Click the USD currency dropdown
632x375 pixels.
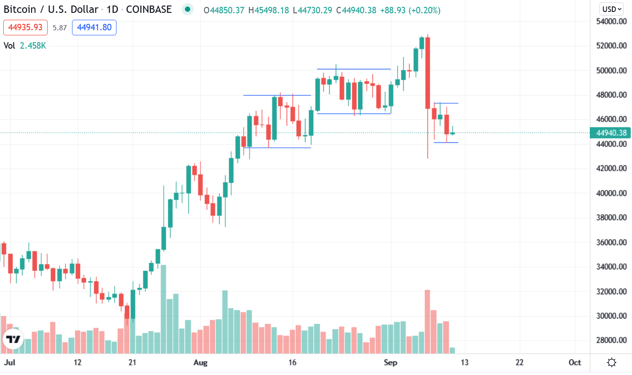tap(612, 9)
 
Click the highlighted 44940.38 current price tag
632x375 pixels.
tap(611, 133)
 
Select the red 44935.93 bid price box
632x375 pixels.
tap(26, 28)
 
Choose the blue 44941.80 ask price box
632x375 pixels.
tap(94, 28)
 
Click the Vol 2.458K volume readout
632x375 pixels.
tap(25, 45)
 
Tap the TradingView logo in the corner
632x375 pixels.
tap(13, 340)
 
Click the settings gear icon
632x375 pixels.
tap(611, 363)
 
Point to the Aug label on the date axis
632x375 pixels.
tap(200, 363)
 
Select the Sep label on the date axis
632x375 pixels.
tap(390, 363)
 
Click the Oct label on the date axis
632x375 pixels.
tap(575, 363)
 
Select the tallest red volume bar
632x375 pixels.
tap(427, 321)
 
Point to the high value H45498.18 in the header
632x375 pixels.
tap(271, 10)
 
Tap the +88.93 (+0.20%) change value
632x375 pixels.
tap(410, 10)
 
